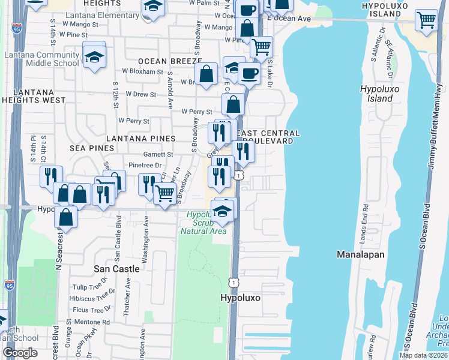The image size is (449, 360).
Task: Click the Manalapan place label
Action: (x=360, y=254)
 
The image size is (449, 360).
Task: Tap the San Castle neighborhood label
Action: (x=116, y=269)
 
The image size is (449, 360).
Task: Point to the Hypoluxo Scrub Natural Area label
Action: (x=206, y=223)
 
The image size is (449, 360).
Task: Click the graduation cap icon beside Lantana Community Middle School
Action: (x=94, y=57)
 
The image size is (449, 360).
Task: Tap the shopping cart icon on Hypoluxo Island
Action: (x=426, y=20)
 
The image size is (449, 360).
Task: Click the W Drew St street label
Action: (x=140, y=95)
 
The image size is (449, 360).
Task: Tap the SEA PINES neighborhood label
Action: (x=92, y=148)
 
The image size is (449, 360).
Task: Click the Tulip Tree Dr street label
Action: (x=89, y=287)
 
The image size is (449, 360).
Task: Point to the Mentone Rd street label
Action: (x=93, y=322)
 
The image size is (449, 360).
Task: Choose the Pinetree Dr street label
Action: (x=145, y=165)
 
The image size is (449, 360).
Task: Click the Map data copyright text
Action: (x=424, y=355)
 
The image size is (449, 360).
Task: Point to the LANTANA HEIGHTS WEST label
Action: (x=33, y=95)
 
